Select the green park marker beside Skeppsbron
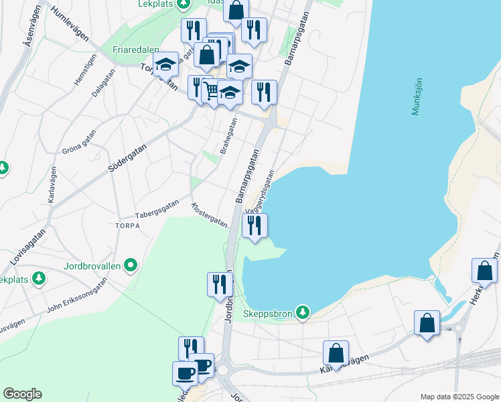(x=303, y=312)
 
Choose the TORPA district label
(x=127, y=226)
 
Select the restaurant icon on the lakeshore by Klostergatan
(x=255, y=225)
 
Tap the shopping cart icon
(x=211, y=90)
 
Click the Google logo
(x=22, y=394)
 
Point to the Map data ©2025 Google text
(x=459, y=397)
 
